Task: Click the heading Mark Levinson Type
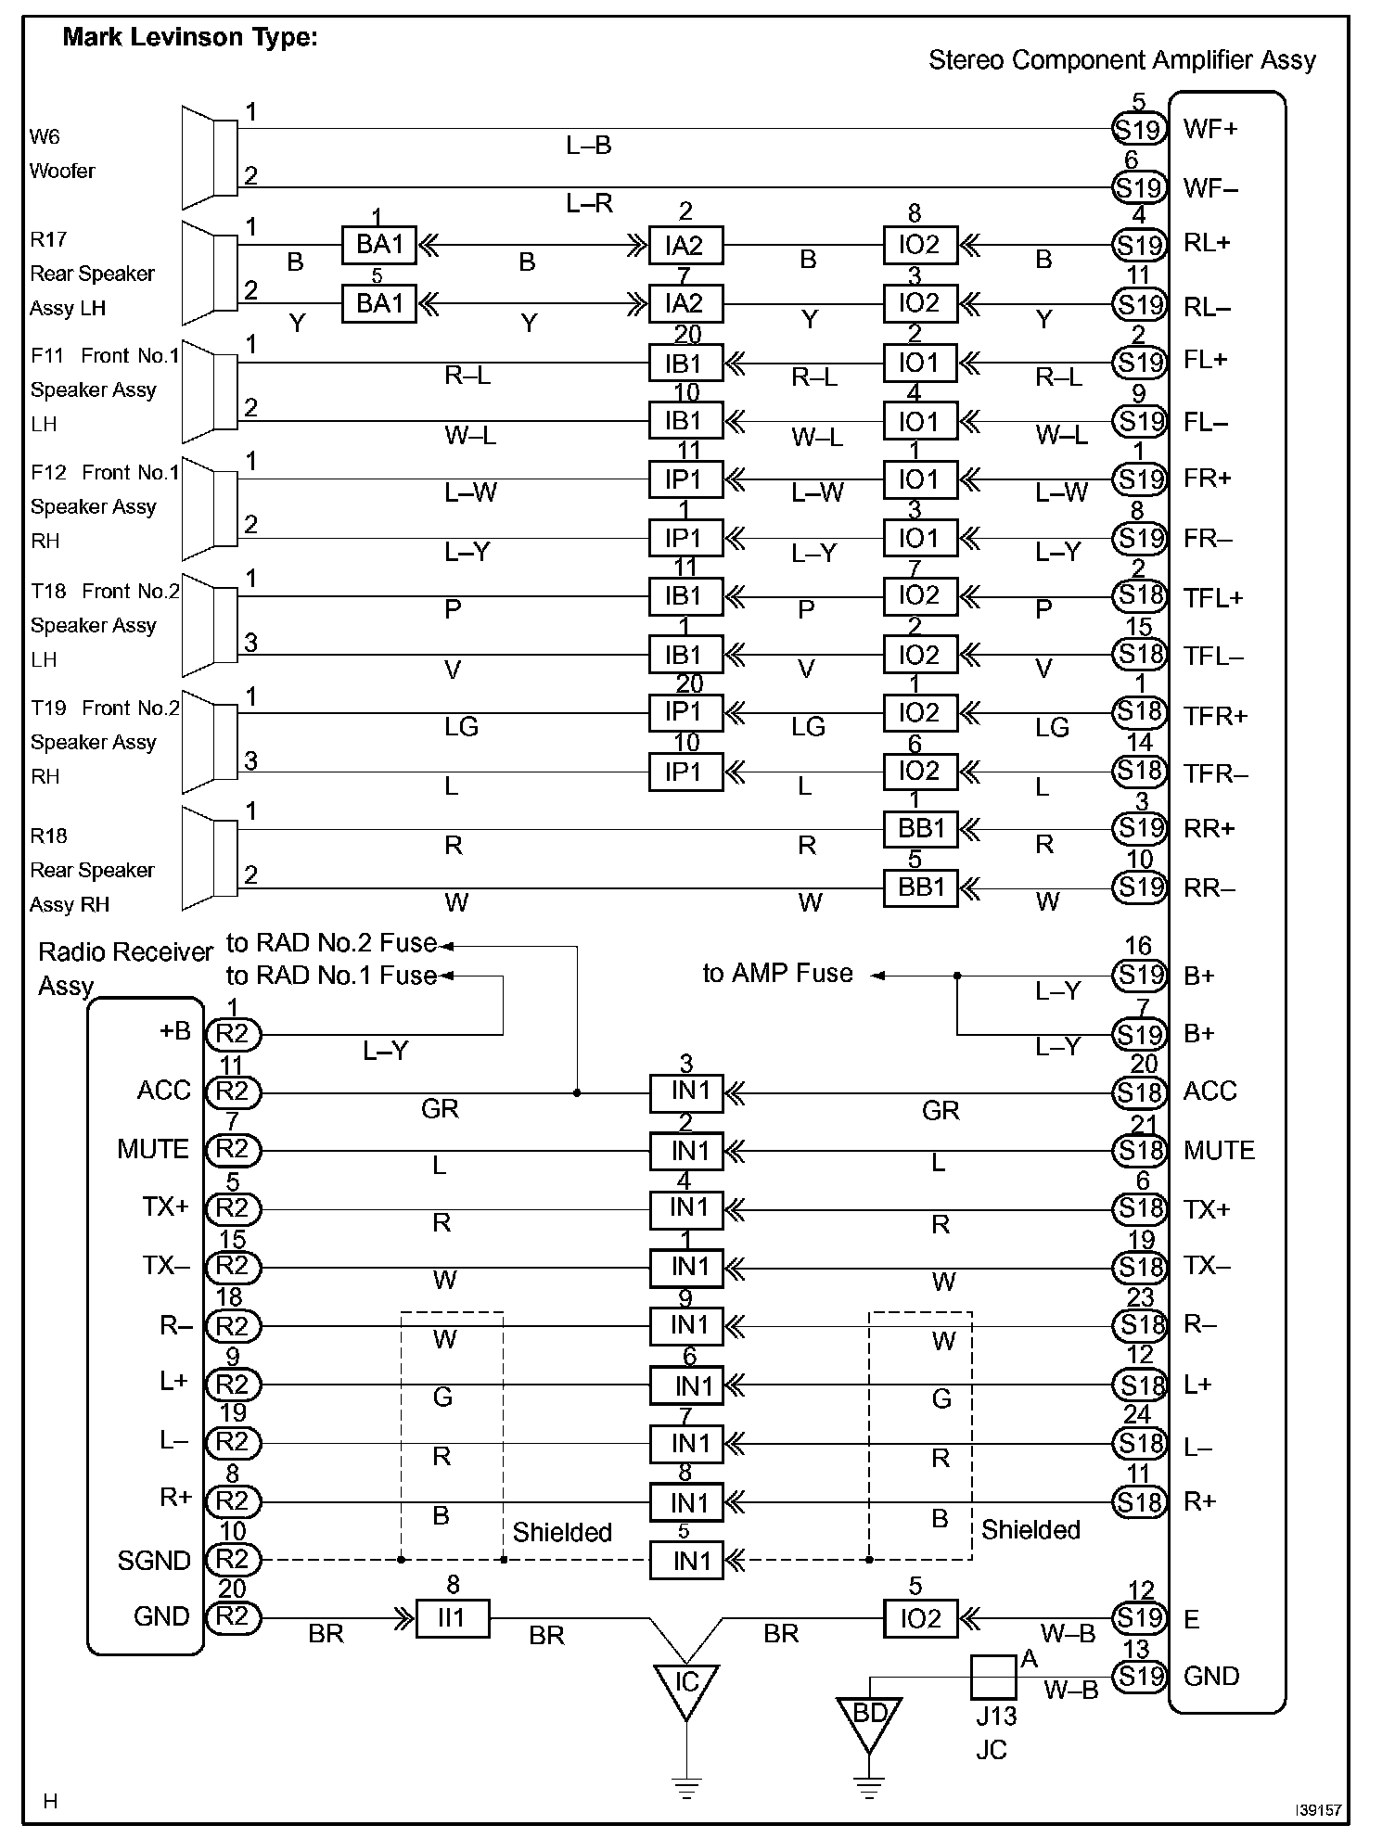[189, 38]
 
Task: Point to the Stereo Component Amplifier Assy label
[1121, 61]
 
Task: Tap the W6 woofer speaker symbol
[210, 157]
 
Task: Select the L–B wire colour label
[588, 146]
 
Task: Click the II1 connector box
[453, 1618]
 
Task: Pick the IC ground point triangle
[686, 1687]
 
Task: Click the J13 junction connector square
[993, 1678]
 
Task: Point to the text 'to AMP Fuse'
[777, 974]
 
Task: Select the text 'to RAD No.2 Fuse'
[331, 943]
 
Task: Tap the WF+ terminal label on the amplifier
[1210, 129]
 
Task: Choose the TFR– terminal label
[1215, 774]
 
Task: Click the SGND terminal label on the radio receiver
[154, 1561]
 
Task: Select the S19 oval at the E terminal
[1139, 1618]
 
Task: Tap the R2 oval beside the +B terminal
[233, 1034]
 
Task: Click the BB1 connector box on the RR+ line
[920, 828]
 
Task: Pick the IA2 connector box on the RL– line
[685, 304]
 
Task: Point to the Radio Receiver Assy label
[125, 968]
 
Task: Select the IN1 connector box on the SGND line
[686, 1561]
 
